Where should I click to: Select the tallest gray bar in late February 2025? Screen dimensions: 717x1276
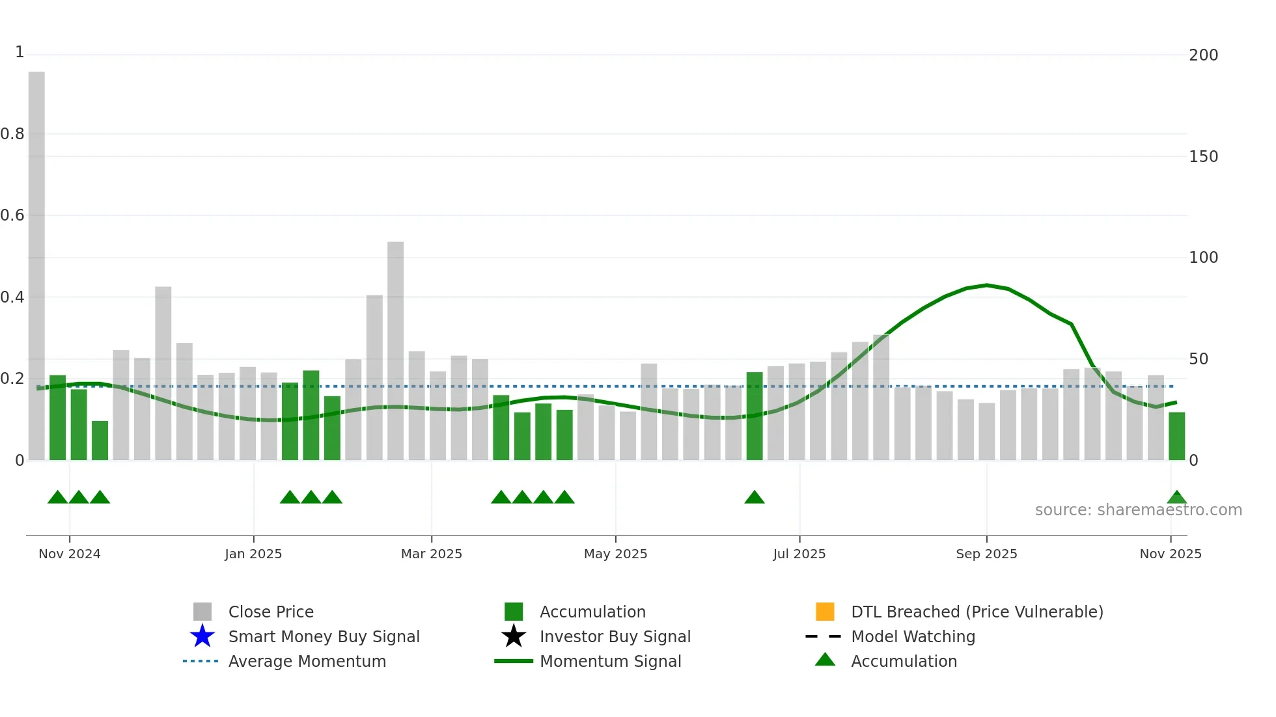tap(395, 351)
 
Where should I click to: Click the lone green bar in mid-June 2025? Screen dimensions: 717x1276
tap(754, 416)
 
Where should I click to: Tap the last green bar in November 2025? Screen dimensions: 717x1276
tap(1176, 436)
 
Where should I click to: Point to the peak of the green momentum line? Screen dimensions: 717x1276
tap(987, 285)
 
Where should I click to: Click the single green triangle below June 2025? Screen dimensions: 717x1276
tap(754, 498)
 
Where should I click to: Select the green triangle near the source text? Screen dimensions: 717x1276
tap(1176, 498)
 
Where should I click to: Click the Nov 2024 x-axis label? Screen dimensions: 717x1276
tap(70, 554)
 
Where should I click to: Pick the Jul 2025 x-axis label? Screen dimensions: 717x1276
tap(799, 554)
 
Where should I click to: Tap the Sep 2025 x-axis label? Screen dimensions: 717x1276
tap(986, 554)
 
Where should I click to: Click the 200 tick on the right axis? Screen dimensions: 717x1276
tap(1203, 55)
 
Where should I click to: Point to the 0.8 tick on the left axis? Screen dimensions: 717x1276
tap(12, 134)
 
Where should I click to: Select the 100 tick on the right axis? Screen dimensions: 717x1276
tap(1203, 258)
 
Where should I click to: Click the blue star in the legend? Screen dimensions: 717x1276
tap(202, 636)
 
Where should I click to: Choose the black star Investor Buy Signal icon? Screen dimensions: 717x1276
tap(514, 636)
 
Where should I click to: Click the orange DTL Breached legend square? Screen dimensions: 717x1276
tap(825, 612)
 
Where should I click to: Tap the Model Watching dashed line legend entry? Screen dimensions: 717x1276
tap(824, 636)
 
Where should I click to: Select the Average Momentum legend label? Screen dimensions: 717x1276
tap(307, 661)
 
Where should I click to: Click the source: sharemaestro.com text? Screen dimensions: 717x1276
tap(1138, 510)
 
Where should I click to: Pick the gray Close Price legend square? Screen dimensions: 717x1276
tap(202, 612)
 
